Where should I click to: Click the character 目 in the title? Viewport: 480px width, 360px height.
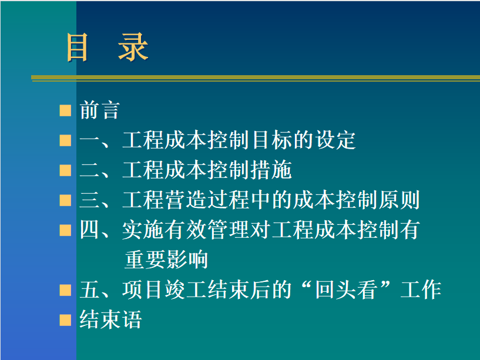point(77,48)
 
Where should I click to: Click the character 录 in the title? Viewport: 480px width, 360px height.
point(133,48)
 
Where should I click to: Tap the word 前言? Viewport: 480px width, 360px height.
point(99,110)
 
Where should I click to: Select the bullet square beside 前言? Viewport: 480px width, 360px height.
point(65,110)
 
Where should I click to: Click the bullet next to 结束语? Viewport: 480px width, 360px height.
point(65,320)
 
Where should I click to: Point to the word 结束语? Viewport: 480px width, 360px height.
point(110,319)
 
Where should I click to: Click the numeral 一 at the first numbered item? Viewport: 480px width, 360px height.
point(90,140)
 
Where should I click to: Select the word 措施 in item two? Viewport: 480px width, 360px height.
point(271,170)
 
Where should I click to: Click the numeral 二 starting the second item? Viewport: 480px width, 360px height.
point(90,170)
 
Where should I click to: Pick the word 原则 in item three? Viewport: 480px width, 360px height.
point(399,200)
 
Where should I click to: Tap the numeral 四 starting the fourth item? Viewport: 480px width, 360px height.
point(90,230)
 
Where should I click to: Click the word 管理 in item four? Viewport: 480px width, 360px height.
point(228,230)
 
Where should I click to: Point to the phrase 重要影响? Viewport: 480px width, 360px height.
point(166,260)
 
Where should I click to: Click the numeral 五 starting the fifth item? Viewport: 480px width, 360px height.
point(90,290)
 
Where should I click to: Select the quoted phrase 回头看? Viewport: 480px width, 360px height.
point(345,290)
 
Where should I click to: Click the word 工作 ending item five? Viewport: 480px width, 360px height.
point(421,290)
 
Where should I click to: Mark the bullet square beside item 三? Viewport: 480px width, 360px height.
point(65,200)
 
